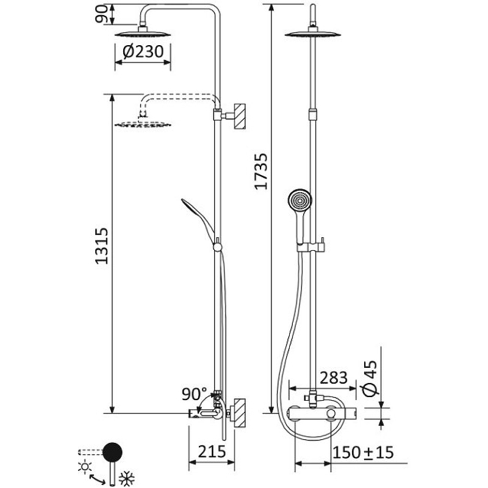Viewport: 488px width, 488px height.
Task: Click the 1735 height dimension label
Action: pos(262,171)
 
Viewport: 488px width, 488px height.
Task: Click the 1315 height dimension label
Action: pos(102,245)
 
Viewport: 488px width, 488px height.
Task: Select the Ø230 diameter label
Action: pos(143,52)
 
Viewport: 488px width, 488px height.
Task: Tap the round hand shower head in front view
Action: pos(300,202)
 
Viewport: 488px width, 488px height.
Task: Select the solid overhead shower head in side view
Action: pos(143,32)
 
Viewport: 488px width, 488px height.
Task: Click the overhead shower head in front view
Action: pos(312,33)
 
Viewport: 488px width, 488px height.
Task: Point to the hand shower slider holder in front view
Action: pos(312,245)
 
